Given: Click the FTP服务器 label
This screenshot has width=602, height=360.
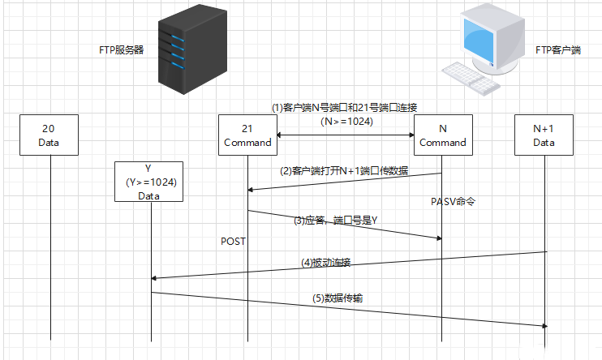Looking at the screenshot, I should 116,49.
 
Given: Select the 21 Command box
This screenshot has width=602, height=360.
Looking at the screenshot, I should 247,135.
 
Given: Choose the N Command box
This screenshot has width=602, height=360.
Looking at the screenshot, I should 442,135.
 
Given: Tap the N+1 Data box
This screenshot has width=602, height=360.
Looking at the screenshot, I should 544,135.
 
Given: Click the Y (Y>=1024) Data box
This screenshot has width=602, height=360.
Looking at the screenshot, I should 150,182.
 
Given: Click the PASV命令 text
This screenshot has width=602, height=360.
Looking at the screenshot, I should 452,200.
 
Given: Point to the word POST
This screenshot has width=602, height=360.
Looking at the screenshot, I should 233,242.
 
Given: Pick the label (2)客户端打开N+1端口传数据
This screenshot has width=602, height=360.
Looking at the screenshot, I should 344,171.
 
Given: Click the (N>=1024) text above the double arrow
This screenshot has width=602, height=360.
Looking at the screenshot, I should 345,122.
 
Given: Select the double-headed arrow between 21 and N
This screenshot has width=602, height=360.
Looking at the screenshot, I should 345,135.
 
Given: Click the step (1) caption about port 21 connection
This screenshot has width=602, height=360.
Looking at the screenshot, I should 344,107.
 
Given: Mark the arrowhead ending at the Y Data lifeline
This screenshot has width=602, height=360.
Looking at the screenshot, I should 155,278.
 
